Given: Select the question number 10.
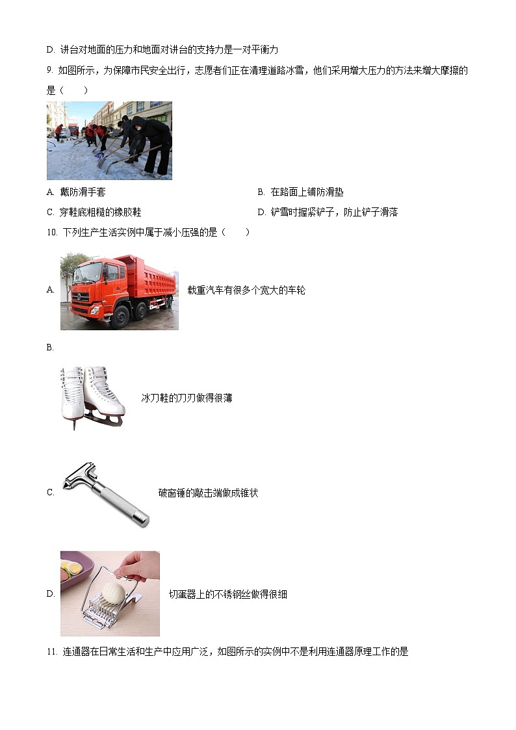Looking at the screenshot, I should click(51, 232).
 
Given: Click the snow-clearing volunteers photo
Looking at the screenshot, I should click(109, 140).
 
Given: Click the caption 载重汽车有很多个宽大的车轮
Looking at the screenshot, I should click(246, 291).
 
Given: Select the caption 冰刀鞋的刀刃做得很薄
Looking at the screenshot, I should click(187, 398).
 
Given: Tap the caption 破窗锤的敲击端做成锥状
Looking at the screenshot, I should click(208, 493).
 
